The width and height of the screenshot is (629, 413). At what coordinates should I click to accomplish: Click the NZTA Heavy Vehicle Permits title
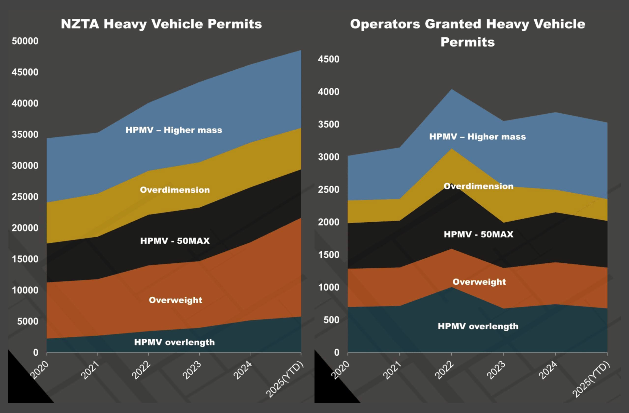pos(161,24)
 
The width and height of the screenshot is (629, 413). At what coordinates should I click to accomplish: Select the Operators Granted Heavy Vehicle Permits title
pos(467,33)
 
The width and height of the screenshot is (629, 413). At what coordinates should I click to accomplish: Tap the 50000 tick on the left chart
pos(25,41)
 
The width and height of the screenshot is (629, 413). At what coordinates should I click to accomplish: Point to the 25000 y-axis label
pos(25,197)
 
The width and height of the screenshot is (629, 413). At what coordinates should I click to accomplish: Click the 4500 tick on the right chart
pos(329,59)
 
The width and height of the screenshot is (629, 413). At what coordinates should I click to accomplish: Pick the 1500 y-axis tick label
pos(329,255)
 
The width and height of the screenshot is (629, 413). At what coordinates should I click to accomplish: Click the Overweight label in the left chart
pos(175,300)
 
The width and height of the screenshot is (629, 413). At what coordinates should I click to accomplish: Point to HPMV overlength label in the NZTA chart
pos(174,342)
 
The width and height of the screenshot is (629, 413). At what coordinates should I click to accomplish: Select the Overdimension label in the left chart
pos(175,190)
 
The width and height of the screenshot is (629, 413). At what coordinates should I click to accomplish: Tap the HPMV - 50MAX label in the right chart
pos(478,234)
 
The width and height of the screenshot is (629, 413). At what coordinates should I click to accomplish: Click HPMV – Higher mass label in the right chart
pos(477,137)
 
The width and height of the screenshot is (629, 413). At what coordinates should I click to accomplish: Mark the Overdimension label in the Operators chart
pos(478,186)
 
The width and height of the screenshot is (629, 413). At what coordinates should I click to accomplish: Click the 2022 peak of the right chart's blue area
pos(452,90)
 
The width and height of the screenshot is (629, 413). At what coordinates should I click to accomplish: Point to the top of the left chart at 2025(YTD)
pos(301,50)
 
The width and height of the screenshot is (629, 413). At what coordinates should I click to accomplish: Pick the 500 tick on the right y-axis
pos(331,320)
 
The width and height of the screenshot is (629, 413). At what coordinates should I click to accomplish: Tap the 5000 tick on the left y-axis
pos(28,321)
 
